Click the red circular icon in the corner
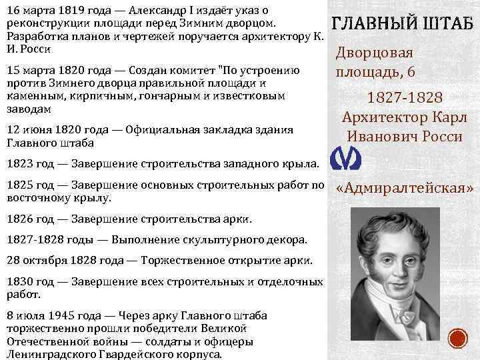click(458, 338)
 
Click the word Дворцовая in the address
click(374, 54)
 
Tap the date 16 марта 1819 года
click(47, 9)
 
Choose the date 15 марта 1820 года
click(47, 71)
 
